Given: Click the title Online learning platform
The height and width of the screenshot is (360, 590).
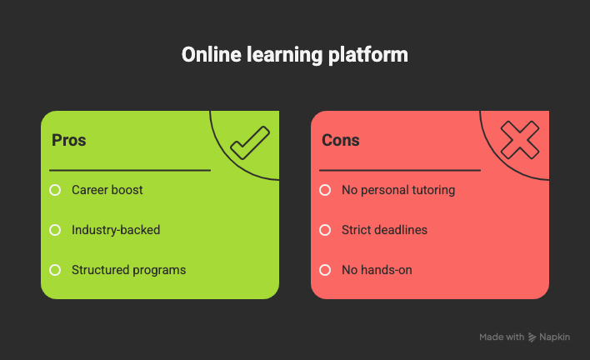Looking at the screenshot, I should click(x=295, y=55).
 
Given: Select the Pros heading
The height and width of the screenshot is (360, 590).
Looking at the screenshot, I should click(x=69, y=140).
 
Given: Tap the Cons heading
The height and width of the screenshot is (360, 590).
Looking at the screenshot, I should click(x=341, y=140).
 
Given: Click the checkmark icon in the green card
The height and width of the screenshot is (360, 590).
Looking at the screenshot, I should click(x=249, y=142).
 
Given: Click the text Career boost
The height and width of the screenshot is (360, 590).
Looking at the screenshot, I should click(x=107, y=190).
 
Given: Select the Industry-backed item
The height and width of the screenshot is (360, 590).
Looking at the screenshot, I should click(x=116, y=230).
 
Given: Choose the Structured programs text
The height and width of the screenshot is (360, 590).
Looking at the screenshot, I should click(x=128, y=270).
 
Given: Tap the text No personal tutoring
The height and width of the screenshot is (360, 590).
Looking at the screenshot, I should click(x=398, y=190).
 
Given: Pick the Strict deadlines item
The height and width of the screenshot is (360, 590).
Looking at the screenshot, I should click(x=384, y=230).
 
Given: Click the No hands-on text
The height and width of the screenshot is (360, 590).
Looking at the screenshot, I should click(x=377, y=270).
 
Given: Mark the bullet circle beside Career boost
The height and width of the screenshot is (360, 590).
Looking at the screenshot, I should click(x=55, y=190).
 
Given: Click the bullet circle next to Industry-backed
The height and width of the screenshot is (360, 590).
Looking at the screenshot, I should click(x=55, y=230).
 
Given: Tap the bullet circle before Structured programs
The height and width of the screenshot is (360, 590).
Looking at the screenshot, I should click(x=55, y=270).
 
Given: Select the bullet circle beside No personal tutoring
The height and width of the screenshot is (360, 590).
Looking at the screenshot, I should click(x=325, y=190).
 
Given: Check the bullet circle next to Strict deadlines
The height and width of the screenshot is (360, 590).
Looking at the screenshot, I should click(x=325, y=230).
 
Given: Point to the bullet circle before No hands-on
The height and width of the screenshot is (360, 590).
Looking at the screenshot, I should click(x=325, y=270).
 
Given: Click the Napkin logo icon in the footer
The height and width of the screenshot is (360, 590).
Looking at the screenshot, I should click(x=532, y=337).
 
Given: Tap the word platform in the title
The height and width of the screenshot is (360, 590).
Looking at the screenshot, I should click(x=373, y=55).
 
